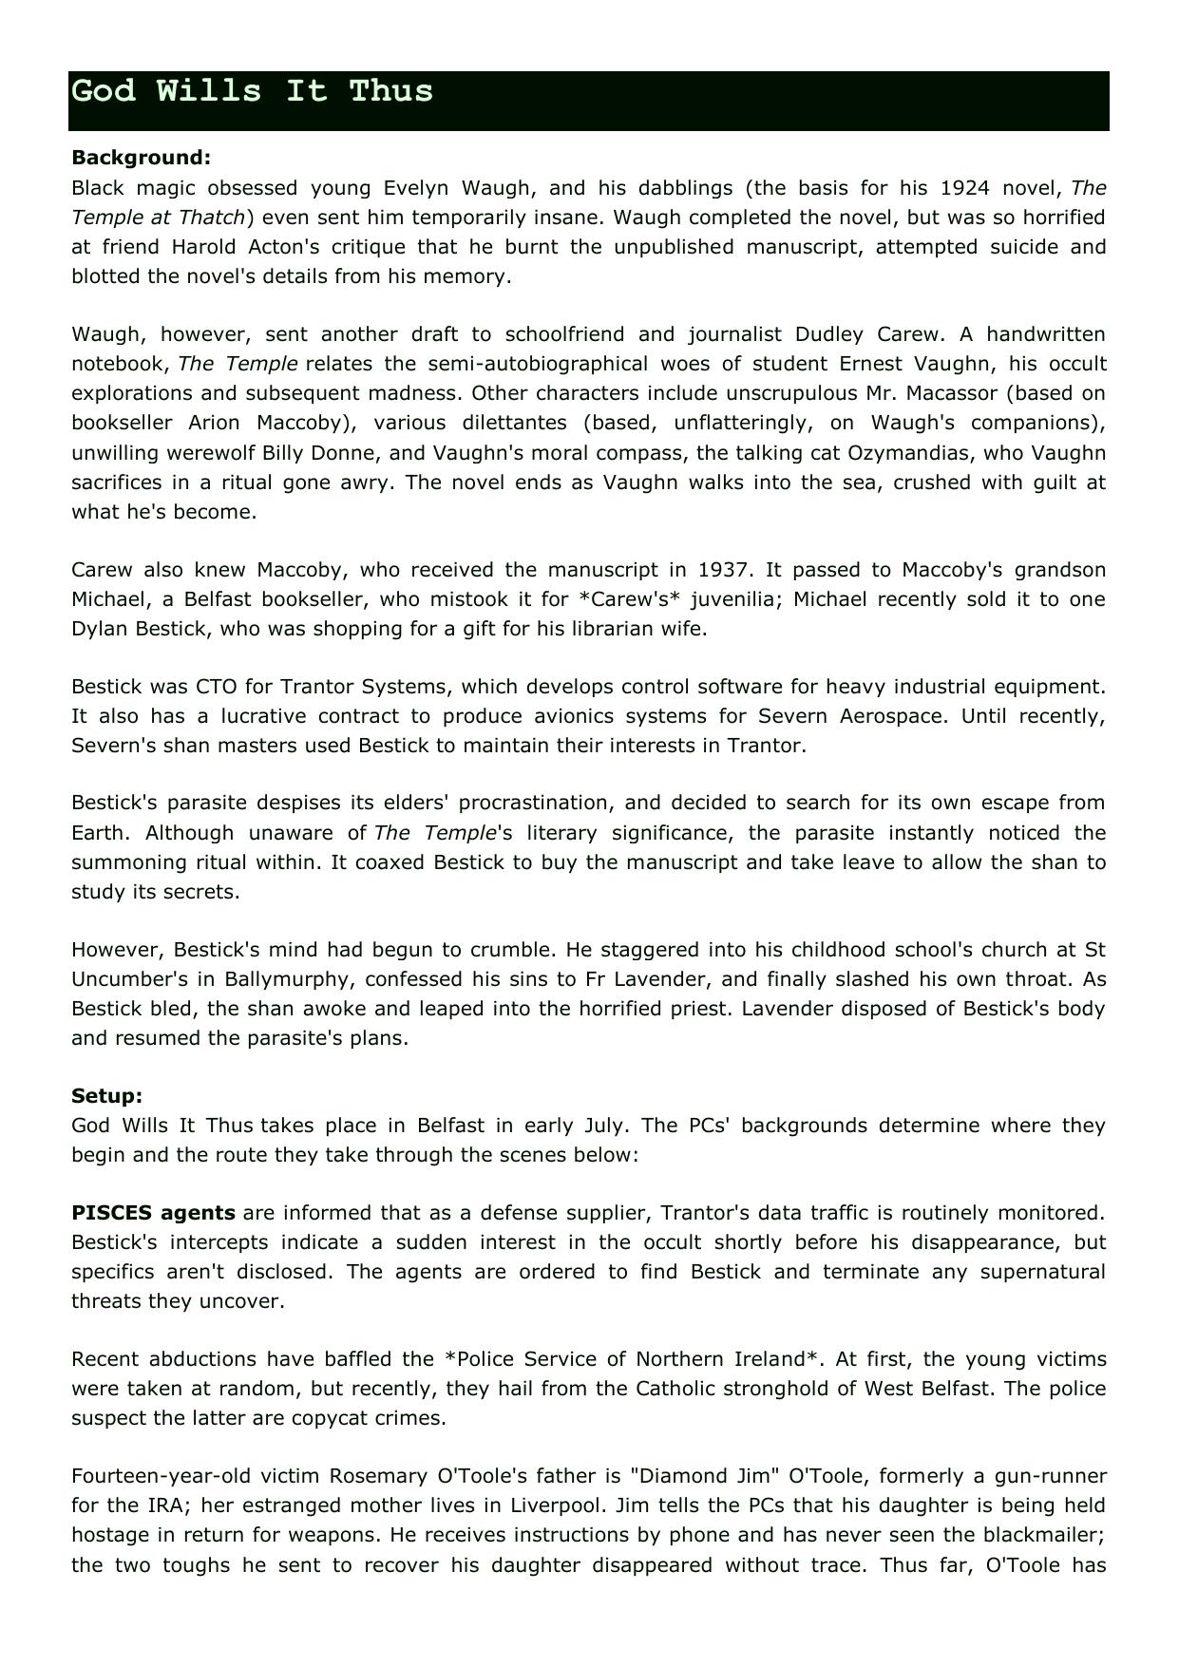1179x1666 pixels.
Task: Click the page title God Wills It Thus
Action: tap(252, 91)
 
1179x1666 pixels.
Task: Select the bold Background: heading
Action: tap(141, 157)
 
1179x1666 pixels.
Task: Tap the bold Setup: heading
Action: tap(106, 1095)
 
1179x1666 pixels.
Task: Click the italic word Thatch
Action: tap(215, 217)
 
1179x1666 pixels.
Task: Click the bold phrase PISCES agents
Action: tap(153, 1212)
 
